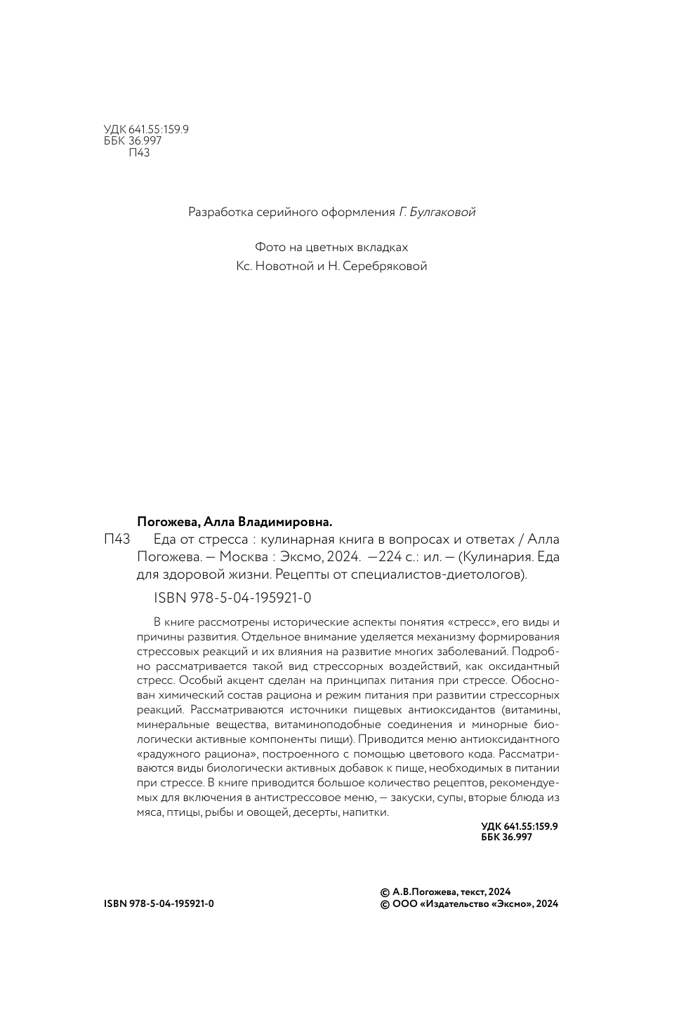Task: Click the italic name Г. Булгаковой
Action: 437,212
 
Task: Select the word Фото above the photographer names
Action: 270,248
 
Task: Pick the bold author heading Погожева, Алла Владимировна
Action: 234,522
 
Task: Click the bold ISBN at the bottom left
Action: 159,903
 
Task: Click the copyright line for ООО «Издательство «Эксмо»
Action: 468,904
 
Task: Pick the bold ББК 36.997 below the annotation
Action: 507,837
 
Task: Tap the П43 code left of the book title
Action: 117,539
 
